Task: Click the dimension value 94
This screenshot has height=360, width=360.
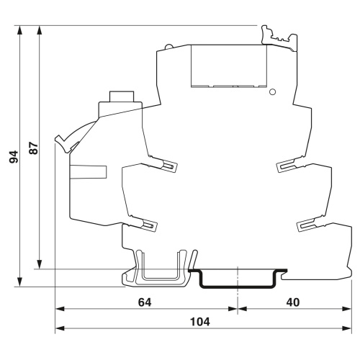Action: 14,157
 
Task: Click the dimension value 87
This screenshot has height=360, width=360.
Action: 34,148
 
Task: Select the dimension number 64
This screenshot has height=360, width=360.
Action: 145,302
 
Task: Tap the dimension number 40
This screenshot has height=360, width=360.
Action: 293,302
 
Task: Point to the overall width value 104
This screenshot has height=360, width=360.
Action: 200,322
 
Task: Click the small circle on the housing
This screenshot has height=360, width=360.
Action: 272,91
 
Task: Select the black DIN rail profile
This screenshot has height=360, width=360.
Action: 238,279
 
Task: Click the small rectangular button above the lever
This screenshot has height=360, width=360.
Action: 122,96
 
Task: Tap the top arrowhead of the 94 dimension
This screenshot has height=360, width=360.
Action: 19,30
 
